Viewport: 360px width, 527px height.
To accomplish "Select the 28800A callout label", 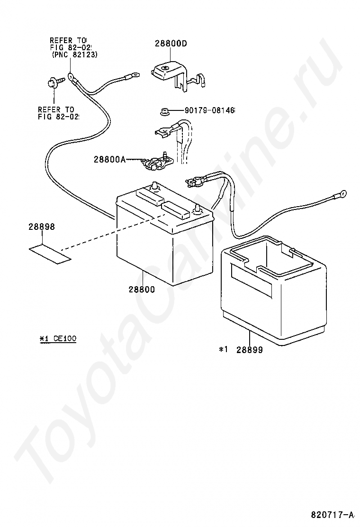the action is click(x=109, y=160).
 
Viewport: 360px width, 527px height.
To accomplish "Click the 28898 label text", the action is click(x=41, y=227).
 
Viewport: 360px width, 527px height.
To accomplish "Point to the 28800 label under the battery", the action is click(x=141, y=289).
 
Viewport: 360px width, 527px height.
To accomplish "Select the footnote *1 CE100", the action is click(x=58, y=339).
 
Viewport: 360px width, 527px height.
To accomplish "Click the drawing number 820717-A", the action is click(x=333, y=515).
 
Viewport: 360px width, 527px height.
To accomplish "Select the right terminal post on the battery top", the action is click(x=198, y=208).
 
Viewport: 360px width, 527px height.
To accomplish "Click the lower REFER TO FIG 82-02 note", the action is click(x=58, y=112).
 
